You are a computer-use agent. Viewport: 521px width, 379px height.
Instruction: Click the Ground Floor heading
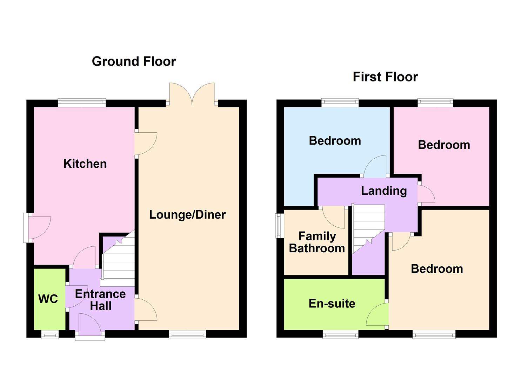click(x=134, y=61)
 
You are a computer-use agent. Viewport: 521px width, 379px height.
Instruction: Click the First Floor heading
click(x=385, y=77)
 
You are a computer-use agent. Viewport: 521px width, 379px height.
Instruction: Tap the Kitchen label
click(x=85, y=164)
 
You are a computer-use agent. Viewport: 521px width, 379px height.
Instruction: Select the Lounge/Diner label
click(x=187, y=215)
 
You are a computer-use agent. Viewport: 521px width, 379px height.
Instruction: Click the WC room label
click(x=48, y=299)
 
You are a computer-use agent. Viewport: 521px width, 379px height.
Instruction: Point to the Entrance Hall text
click(x=100, y=300)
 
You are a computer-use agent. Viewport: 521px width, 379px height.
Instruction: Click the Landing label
click(x=384, y=191)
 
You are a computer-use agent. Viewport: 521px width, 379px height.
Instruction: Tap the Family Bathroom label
click(x=317, y=242)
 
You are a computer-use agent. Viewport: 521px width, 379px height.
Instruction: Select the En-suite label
click(x=332, y=304)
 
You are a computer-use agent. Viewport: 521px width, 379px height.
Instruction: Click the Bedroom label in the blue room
click(x=335, y=141)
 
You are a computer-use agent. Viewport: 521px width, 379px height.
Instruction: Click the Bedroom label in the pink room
click(x=444, y=145)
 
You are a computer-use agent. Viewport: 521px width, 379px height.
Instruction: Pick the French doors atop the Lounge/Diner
click(x=192, y=94)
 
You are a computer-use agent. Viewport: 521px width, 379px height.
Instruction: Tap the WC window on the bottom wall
click(x=50, y=335)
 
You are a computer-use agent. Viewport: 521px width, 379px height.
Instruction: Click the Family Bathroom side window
click(x=279, y=226)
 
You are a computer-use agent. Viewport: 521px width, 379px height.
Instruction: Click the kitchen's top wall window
click(x=82, y=103)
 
